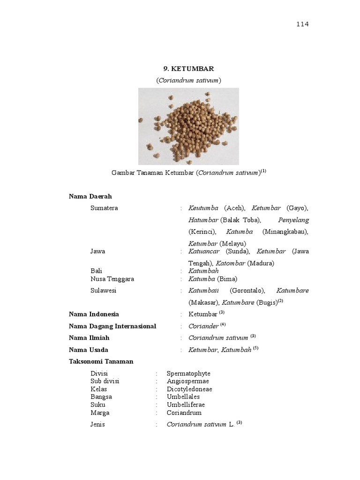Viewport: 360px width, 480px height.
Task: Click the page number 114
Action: pyautogui.click(x=302, y=25)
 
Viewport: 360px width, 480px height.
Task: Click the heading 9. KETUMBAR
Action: pyautogui.click(x=188, y=69)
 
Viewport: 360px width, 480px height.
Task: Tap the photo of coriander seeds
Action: pyautogui.click(x=188, y=126)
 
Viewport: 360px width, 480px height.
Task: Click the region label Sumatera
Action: pyautogui.click(x=104, y=208)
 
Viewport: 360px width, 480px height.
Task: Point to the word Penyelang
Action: pyautogui.click(x=293, y=220)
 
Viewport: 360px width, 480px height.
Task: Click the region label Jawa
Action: pyautogui.click(x=97, y=251)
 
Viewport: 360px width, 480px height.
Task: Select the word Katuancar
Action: pyautogui.click(x=204, y=251)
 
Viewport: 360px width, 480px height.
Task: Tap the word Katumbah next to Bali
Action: pyautogui.click(x=203, y=271)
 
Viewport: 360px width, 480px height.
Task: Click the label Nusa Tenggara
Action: pyautogui.click(x=112, y=279)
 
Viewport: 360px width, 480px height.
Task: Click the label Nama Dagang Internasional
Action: pyautogui.click(x=112, y=326)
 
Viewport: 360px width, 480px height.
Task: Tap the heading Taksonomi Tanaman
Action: pyautogui.click(x=101, y=361)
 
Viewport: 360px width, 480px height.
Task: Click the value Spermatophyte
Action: pyautogui.click(x=188, y=374)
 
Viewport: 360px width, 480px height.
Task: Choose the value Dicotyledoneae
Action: pyautogui.click(x=189, y=389)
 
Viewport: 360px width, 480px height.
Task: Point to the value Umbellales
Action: pyautogui.click(x=183, y=397)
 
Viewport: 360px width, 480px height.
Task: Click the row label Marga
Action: pyautogui.click(x=100, y=413)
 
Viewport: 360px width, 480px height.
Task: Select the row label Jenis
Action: pyautogui.click(x=97, y=425)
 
